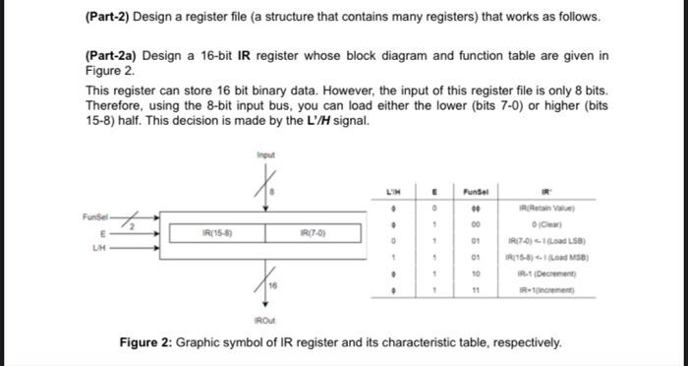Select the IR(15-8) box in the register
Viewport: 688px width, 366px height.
tap(215, 234)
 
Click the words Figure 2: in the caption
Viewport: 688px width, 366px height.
tap(150, 343)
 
